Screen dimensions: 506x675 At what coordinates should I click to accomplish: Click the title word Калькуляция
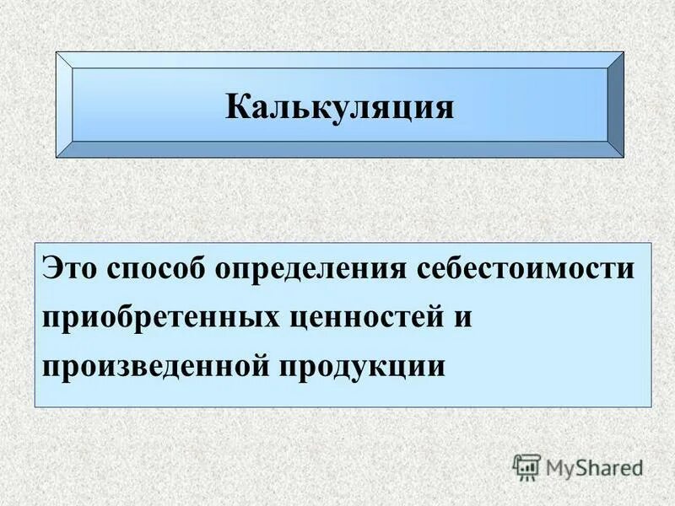339,106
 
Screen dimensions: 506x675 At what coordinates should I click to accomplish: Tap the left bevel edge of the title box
64,105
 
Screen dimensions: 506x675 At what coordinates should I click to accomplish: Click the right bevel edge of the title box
616,105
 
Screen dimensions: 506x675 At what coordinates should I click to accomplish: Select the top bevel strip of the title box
339,60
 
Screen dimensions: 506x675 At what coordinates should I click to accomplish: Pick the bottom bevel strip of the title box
339,149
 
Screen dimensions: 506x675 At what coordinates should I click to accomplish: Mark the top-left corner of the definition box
35,244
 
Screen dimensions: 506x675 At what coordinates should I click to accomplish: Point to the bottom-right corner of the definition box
651,407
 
